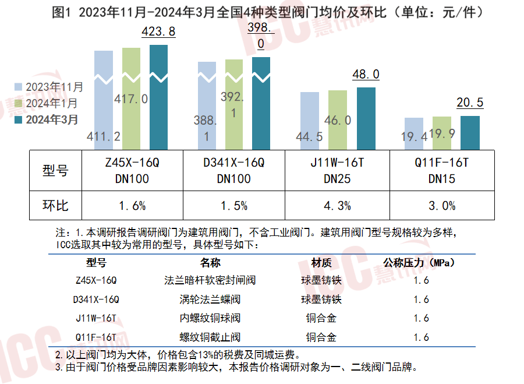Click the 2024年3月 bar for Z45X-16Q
[x=158, y=96]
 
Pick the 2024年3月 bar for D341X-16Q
[x=261, y=102]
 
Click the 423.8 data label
[x=158, y=32]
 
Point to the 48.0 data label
[x=366, y=74]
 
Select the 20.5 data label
[x=470, y=103]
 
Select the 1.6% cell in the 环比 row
[x=132, y=206]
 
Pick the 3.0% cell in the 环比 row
[x=442, y=206]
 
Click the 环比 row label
[x=55, y=206]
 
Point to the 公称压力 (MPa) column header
[x=420, y=262]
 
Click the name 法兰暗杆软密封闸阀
[x=210, y=280]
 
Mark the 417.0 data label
[x=132, y=98]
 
